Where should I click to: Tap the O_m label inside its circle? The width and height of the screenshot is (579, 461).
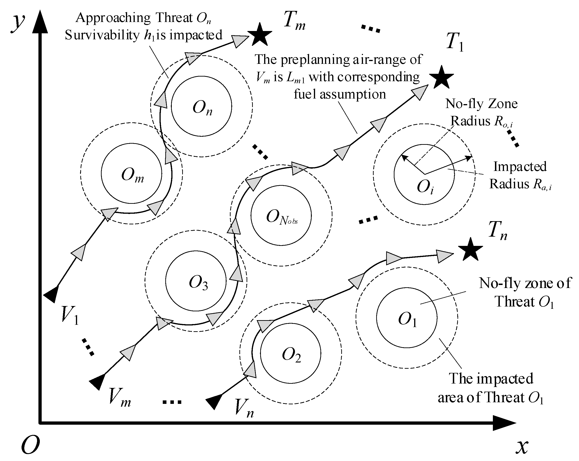(132, 176)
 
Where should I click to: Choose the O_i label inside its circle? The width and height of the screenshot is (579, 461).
(425, 187)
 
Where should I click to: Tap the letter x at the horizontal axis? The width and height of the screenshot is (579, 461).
(522, 446)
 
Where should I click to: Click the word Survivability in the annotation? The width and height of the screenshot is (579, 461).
(102, 35)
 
